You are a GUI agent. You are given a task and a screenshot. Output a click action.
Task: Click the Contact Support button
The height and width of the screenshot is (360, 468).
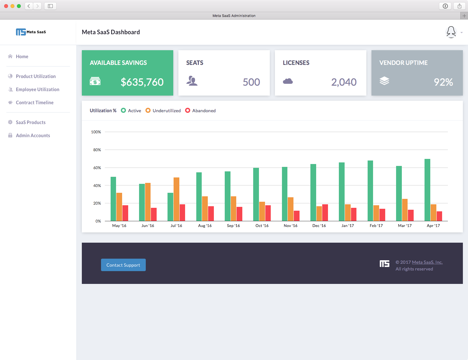coord(123,265)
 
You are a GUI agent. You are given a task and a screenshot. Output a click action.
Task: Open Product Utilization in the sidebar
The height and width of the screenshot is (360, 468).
coord(35,76)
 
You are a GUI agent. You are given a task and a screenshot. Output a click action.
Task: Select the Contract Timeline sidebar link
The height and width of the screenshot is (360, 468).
coord(35,103)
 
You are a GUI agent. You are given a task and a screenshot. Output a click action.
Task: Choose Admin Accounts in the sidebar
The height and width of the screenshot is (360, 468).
coord(33,136)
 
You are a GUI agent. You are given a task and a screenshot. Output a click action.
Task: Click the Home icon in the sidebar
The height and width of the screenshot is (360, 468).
coord(10,57)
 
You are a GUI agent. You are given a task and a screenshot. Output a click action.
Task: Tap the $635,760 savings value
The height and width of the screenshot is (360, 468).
coord(142,82)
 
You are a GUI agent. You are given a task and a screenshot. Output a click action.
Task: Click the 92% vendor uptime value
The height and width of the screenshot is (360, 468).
coord(443,82)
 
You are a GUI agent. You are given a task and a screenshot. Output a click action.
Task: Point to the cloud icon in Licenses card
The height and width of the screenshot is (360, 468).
coord(288,81)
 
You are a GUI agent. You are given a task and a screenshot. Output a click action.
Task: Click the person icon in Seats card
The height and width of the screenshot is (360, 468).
coord(192,81)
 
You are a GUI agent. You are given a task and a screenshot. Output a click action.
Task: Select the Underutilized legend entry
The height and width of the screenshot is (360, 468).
coord(163,111)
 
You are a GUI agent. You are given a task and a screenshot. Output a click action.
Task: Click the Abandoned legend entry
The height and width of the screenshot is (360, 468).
coord(200,111)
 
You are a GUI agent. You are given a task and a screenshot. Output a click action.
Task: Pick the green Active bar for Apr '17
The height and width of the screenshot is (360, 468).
coord(427,190)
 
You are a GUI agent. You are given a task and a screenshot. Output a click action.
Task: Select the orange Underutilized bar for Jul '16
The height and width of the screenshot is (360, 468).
coord(176,199)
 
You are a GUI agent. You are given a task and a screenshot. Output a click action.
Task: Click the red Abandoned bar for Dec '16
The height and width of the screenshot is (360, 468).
coord(325,213)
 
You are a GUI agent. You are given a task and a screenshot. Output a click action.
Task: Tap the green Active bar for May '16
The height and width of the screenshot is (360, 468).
coord(113,199)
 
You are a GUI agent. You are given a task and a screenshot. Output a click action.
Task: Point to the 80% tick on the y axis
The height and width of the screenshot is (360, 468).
coord(97,150)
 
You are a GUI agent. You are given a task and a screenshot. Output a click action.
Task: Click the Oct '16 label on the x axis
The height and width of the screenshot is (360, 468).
coord(262,226)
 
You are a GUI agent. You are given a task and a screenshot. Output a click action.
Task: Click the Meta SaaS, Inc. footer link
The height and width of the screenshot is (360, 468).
coord(427,262)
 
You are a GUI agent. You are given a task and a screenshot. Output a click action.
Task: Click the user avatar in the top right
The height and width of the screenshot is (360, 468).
coord(451,32)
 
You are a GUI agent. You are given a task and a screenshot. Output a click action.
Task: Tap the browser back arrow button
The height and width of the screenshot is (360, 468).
coord(29,6)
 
